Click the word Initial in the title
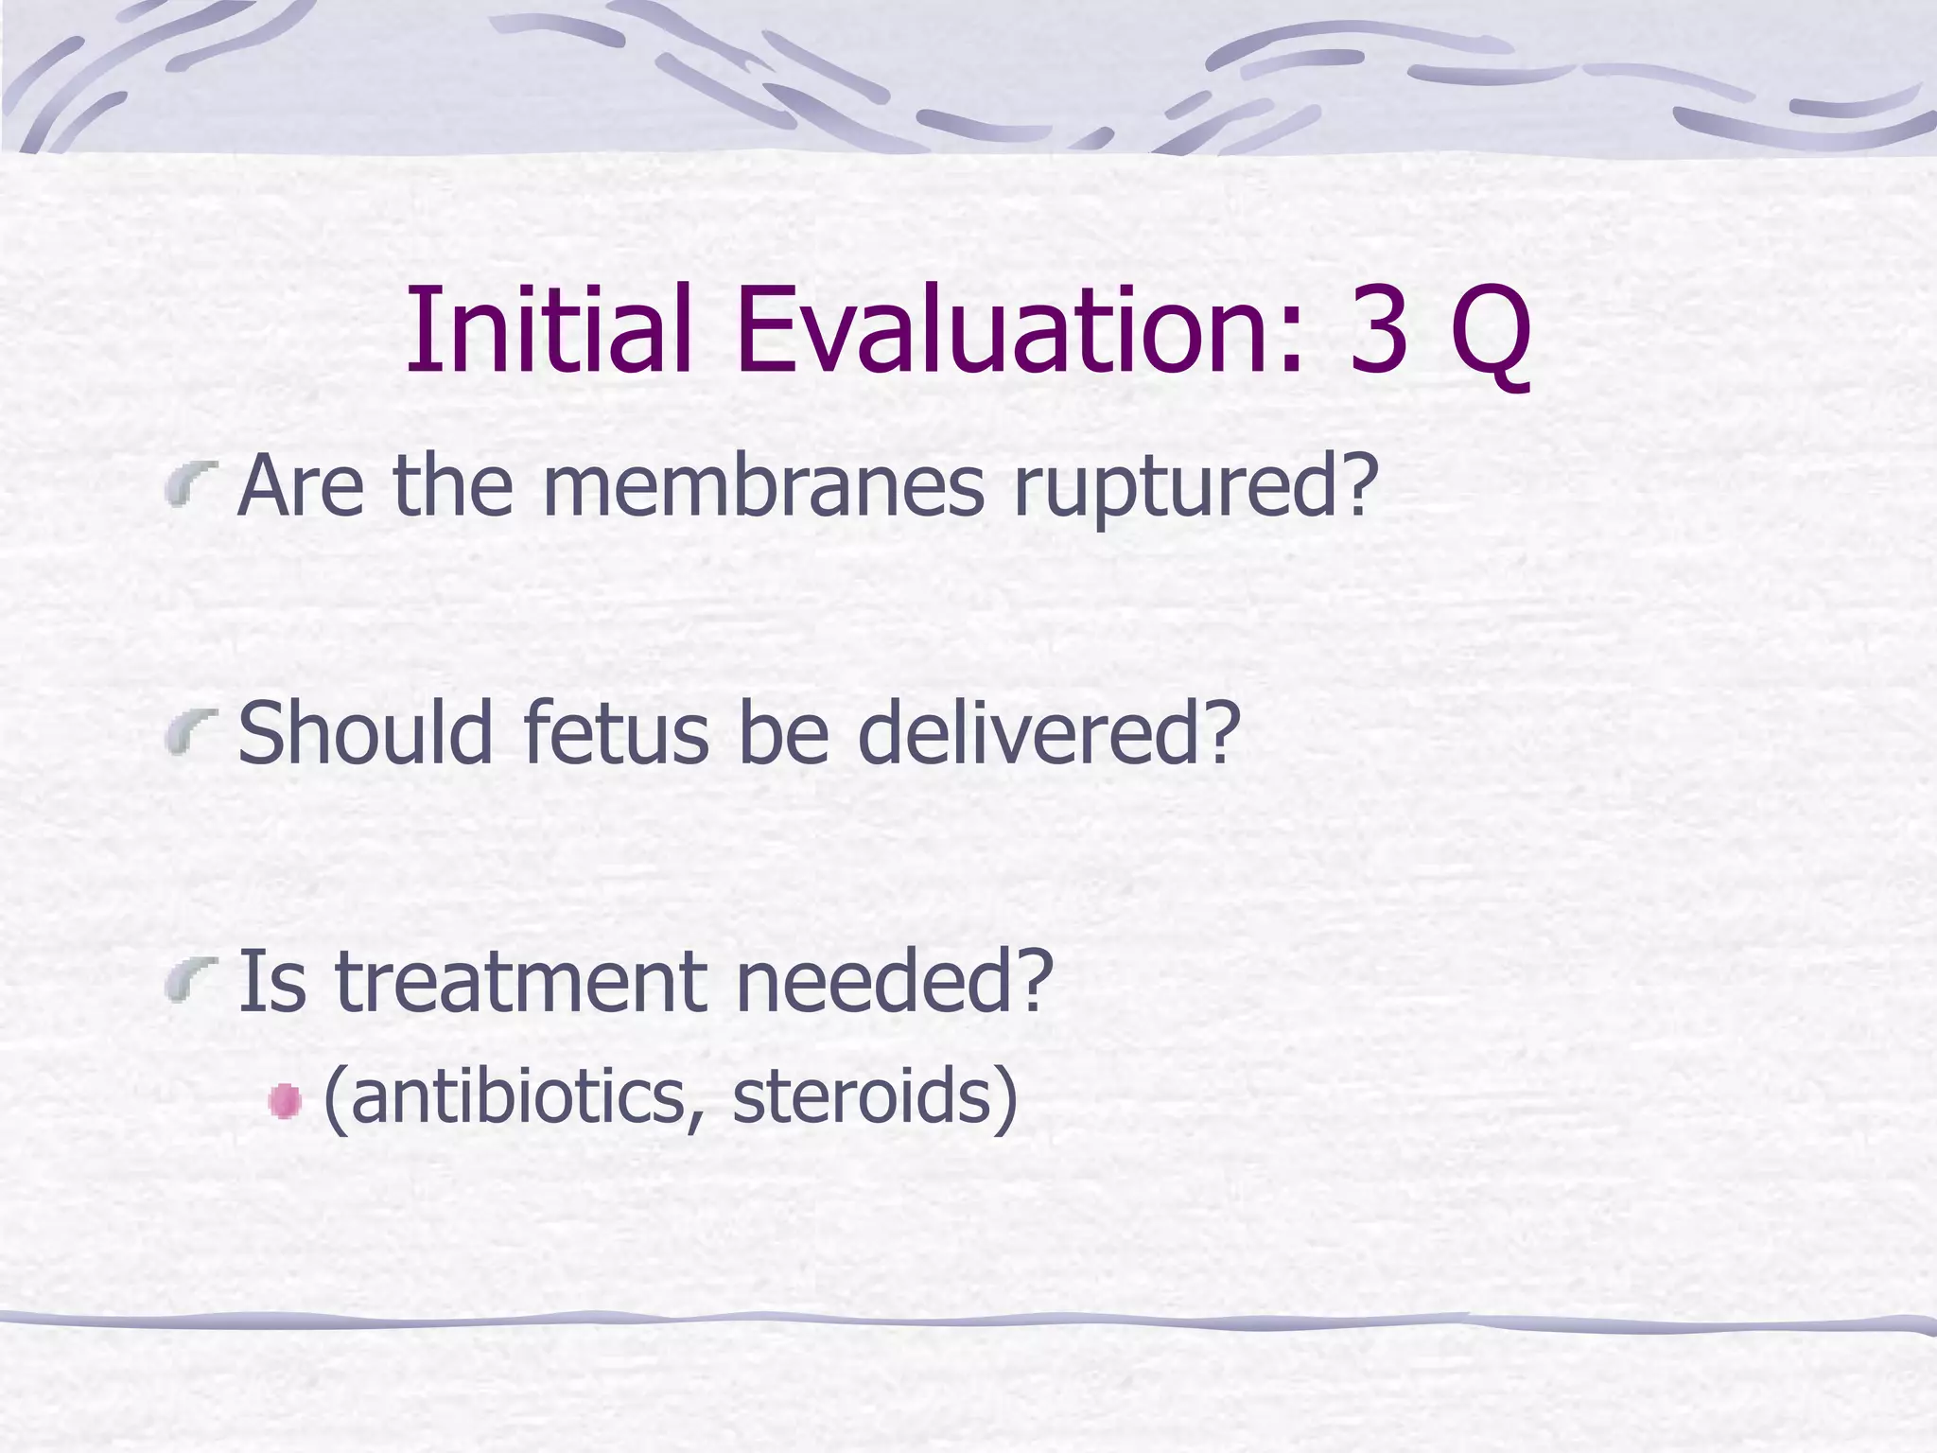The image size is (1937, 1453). coord(549,329)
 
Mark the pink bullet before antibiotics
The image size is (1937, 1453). coord(284,1102)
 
